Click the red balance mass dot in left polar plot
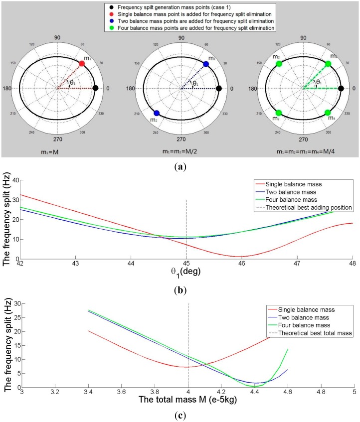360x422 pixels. click(82, 64)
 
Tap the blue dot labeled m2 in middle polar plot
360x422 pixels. click(157, 113)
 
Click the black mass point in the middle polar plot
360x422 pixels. click(219, 89)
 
